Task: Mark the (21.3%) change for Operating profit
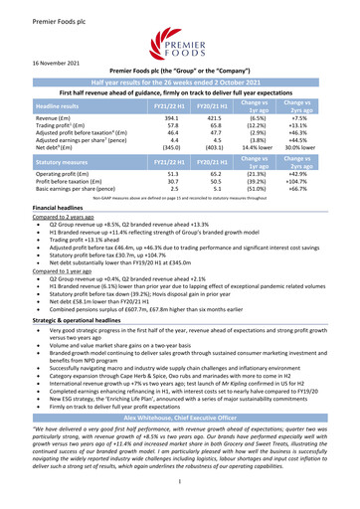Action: pos(284,172)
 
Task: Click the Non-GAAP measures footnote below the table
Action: pos(179,198)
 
